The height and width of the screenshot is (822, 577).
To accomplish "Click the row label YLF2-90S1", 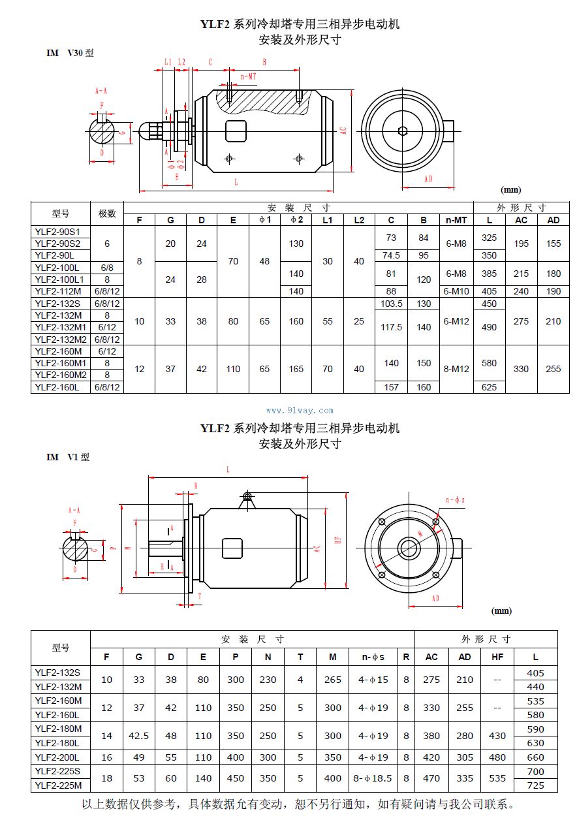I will tap(60, 232).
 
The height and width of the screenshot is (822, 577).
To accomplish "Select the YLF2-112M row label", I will tap(60, 291).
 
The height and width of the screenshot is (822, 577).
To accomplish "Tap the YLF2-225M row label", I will tap(60, 785).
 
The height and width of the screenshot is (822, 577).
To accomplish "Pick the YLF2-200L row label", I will tap(60, 757).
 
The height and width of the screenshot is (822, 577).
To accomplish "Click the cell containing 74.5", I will tap(391, 255).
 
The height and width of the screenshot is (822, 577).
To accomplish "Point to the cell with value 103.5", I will tap(391, 304).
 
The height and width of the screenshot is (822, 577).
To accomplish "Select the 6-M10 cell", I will tap(456, 291).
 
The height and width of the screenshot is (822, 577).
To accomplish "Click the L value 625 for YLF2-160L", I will tap(489, 387).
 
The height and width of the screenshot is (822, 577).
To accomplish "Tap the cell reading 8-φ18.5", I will tap(373, 778).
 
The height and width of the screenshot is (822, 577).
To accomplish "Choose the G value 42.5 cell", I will tap(138, 736).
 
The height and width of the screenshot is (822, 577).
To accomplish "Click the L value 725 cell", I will tap(535, 785).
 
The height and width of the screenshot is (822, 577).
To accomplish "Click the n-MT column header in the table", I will tap(456, 220).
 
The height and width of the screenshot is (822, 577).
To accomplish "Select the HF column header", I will tap(497, 657).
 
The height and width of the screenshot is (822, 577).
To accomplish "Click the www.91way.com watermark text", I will tap(300, 411).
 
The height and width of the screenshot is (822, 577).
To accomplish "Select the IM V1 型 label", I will tap(68, 457).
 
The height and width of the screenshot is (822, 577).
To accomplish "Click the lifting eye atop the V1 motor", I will tap(247, 498).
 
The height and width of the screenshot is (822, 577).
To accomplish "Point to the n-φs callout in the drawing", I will tap(454, 500).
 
